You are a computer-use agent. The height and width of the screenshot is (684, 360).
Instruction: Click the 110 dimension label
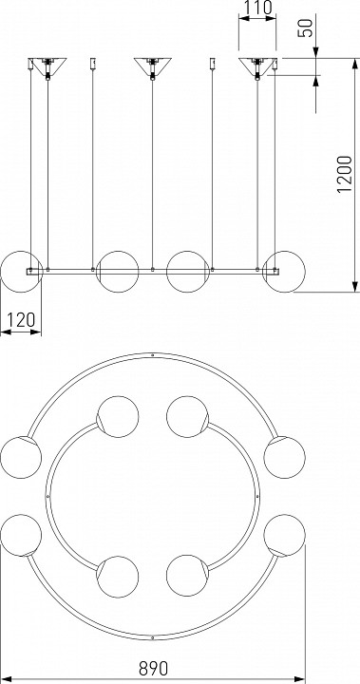click(257, 8)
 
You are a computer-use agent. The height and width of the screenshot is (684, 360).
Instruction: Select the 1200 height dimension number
click(345, 174)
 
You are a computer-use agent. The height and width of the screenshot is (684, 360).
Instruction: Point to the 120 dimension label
click(21, 320)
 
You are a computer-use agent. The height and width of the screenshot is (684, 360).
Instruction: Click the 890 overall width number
click(153, 668)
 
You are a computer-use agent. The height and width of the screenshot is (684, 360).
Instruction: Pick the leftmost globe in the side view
click(21, 272)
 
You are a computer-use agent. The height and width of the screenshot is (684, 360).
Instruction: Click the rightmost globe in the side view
click(285, 272)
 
